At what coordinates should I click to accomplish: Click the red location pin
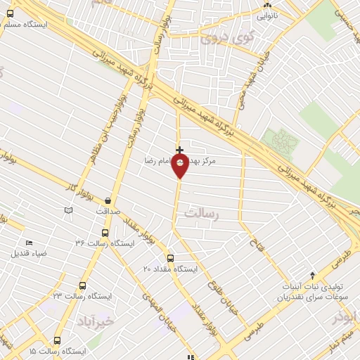pos(180,167)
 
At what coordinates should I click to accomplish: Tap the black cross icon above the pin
pos(180,150)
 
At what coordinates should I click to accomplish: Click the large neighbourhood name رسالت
pos(202,212)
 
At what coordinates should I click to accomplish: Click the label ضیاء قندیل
pos(29,253)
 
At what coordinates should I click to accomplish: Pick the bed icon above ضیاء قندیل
pos(29,243)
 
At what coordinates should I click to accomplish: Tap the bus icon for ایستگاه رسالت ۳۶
pos(105,233)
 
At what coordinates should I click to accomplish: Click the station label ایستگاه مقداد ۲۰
pos(171,269)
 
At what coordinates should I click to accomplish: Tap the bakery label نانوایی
pos(268,14)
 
